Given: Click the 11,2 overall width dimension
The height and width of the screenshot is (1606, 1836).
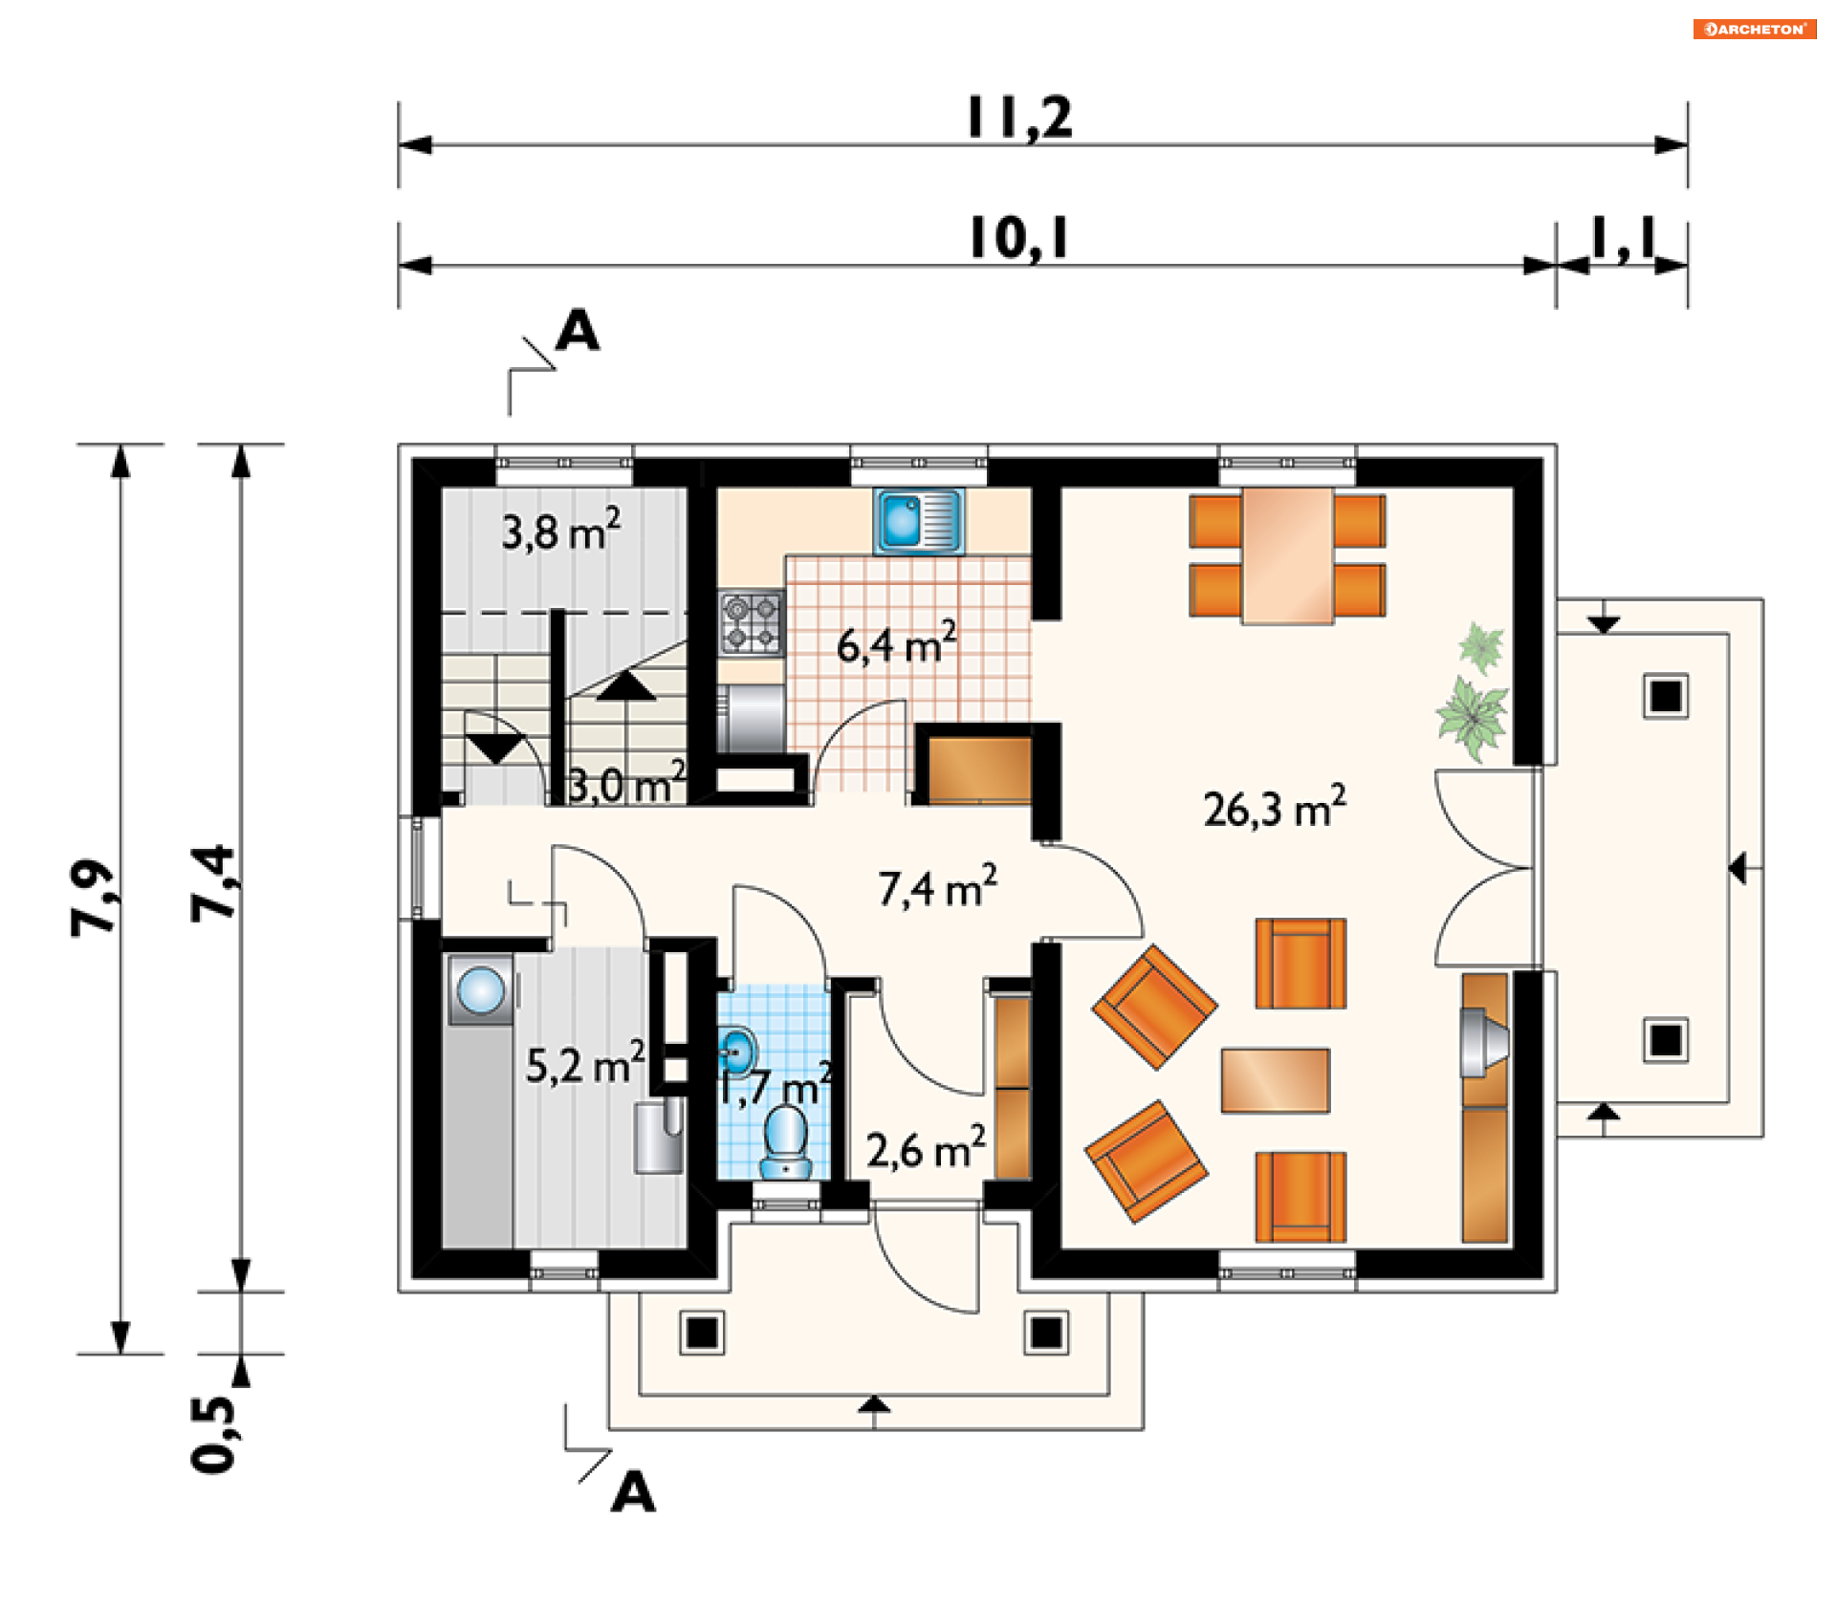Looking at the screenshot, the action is point(1019,118).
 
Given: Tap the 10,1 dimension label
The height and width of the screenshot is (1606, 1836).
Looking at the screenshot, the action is point(1019,238).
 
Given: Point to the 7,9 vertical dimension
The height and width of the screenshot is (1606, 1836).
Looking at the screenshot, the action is point(93,898).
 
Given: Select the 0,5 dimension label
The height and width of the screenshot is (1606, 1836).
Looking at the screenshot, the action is point(212,1434).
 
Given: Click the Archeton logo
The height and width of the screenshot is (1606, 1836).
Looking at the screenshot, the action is point(1755,29).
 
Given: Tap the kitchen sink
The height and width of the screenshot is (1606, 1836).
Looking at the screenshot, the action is point(918,521).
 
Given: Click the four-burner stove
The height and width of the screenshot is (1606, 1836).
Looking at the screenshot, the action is point(752,622).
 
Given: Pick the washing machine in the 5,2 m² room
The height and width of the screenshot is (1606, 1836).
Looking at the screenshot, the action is point(480,989).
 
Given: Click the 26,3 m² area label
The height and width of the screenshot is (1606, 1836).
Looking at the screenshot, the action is point(1275,807).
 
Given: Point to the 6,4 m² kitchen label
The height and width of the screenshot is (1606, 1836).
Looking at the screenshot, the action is point(896,643).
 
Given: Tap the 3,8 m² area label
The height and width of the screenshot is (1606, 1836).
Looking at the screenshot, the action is point(561,530).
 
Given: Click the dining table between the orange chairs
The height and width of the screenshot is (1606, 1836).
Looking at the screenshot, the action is point(1288,555).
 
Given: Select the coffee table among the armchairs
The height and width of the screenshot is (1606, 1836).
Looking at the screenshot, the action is point(1275,1080).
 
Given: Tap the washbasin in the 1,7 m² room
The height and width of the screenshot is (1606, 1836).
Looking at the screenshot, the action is point(736,1052).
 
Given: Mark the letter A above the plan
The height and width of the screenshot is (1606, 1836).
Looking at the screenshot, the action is point(578,331).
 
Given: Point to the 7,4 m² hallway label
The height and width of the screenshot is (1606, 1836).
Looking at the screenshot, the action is point(938,887).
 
